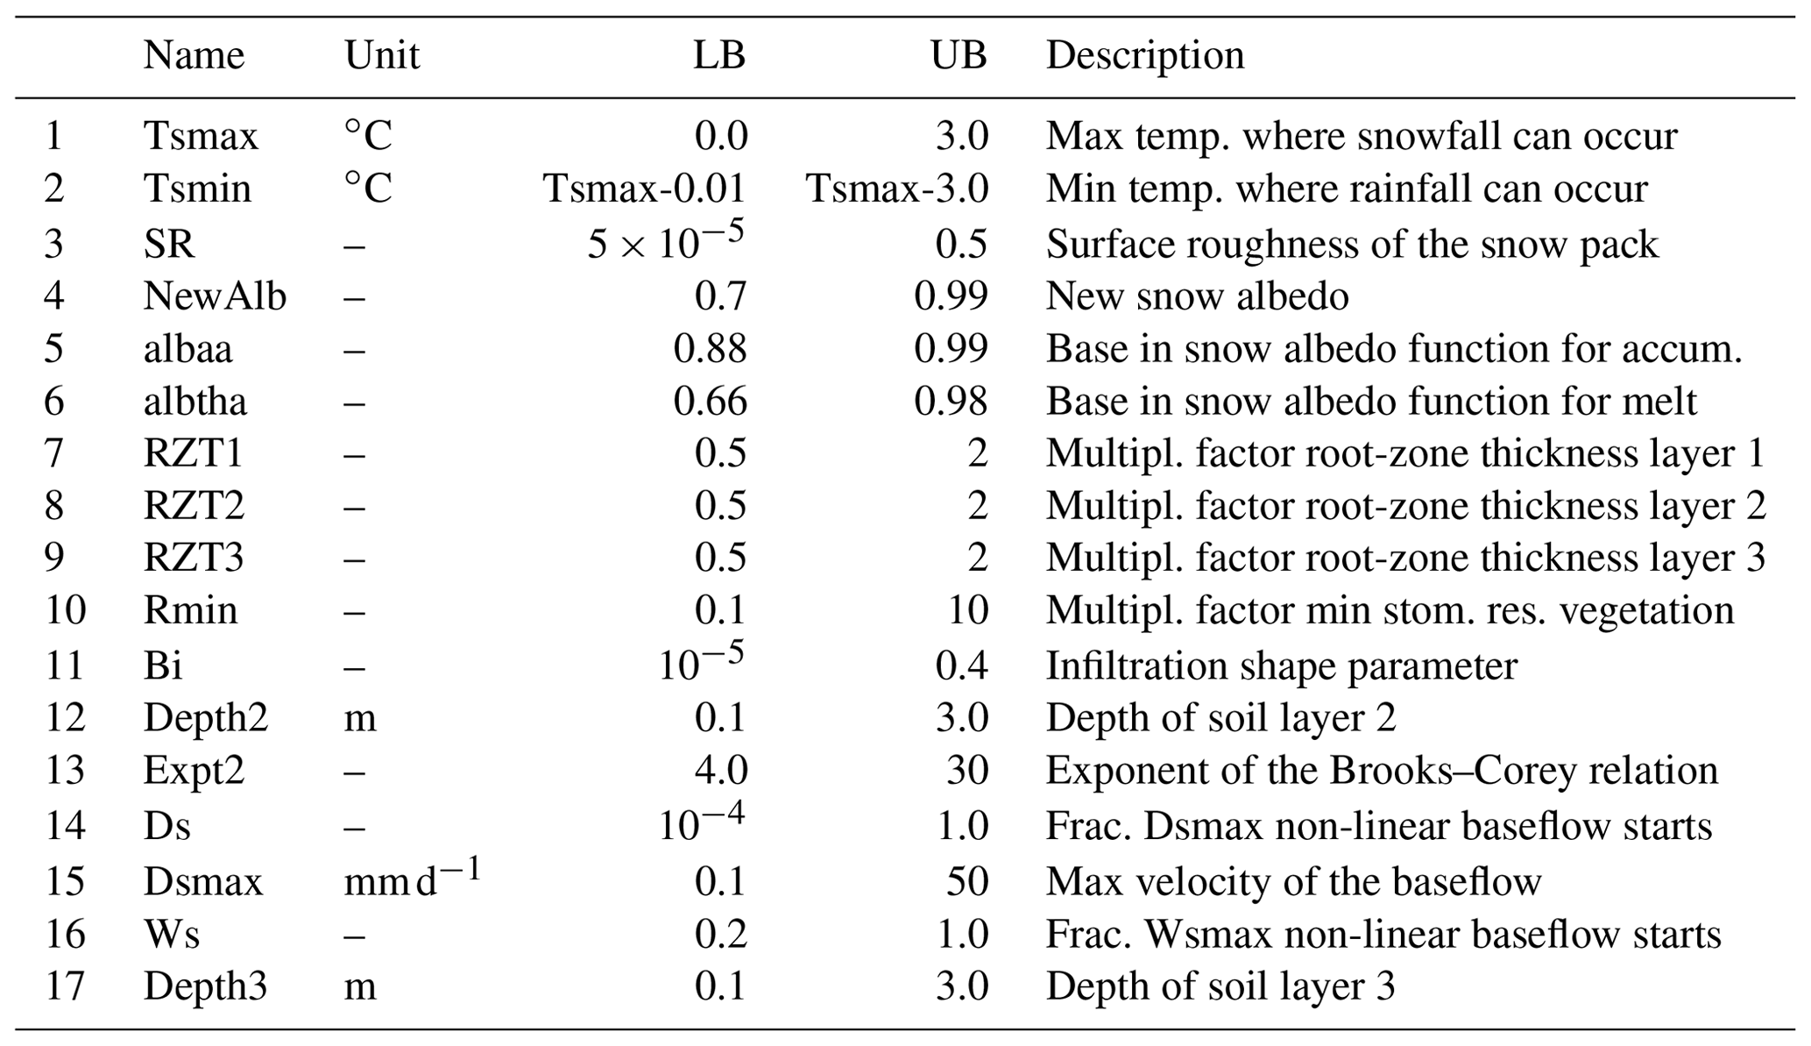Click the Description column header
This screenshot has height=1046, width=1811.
[1144, 56]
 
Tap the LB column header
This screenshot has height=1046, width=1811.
[718, 56]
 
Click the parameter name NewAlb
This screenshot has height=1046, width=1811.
[215, 296]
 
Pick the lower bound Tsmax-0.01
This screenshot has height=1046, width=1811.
[644, 189]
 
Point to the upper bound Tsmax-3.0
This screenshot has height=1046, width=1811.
[896, 189]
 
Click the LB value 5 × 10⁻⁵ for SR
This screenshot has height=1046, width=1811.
[665, 242]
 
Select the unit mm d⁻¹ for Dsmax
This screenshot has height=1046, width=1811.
[412, 879]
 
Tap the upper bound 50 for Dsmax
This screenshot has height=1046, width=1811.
[966, 881]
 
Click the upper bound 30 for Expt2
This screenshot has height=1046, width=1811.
[966, 771]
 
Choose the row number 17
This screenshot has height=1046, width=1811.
[65, 986]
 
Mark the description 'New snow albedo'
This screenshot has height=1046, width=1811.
[1197, 296]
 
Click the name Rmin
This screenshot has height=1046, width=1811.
[190, 610]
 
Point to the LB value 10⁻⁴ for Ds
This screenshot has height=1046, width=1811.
[701, 824]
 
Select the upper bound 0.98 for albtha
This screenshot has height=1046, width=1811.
[951, 402]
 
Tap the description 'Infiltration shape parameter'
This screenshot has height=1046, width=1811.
[1281, 666]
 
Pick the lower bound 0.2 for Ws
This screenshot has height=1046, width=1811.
[720, 935]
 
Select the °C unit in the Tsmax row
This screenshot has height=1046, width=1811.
[368, 136]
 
